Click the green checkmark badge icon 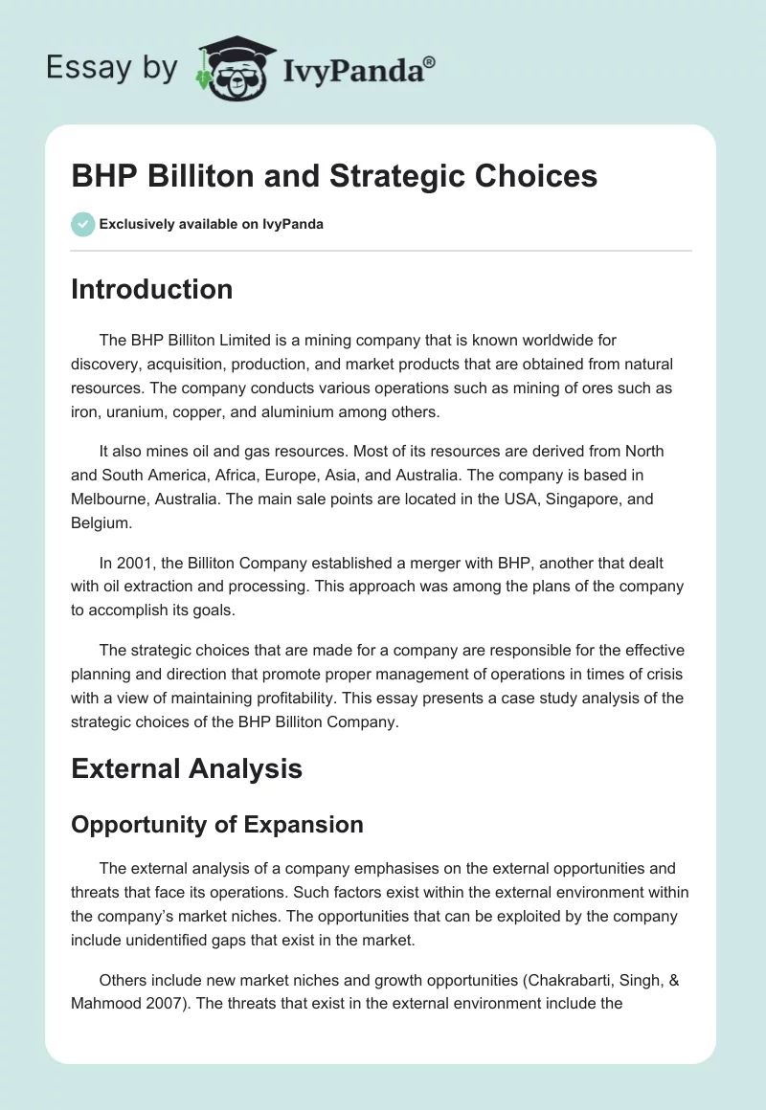[x=82, y=224]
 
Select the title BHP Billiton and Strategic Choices [x=333, y=176]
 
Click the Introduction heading [x=151, y=289]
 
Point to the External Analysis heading [x=187, y=767]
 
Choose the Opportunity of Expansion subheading [x=216, y=824]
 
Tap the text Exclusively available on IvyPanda [x=212, y=224]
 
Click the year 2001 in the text [x=135, y=564]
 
